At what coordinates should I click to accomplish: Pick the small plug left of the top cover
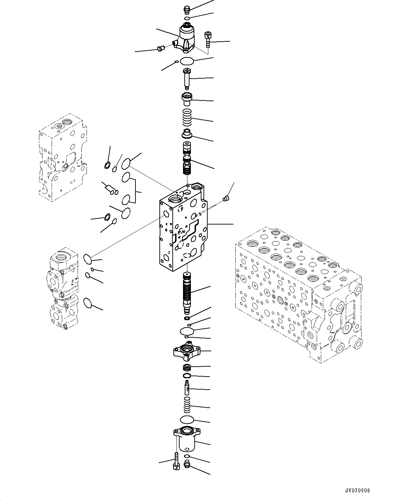(x=160, y=49)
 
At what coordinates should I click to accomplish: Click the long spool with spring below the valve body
(x=187, y=292)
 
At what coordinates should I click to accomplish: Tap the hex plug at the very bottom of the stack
(x=187, y=464)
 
